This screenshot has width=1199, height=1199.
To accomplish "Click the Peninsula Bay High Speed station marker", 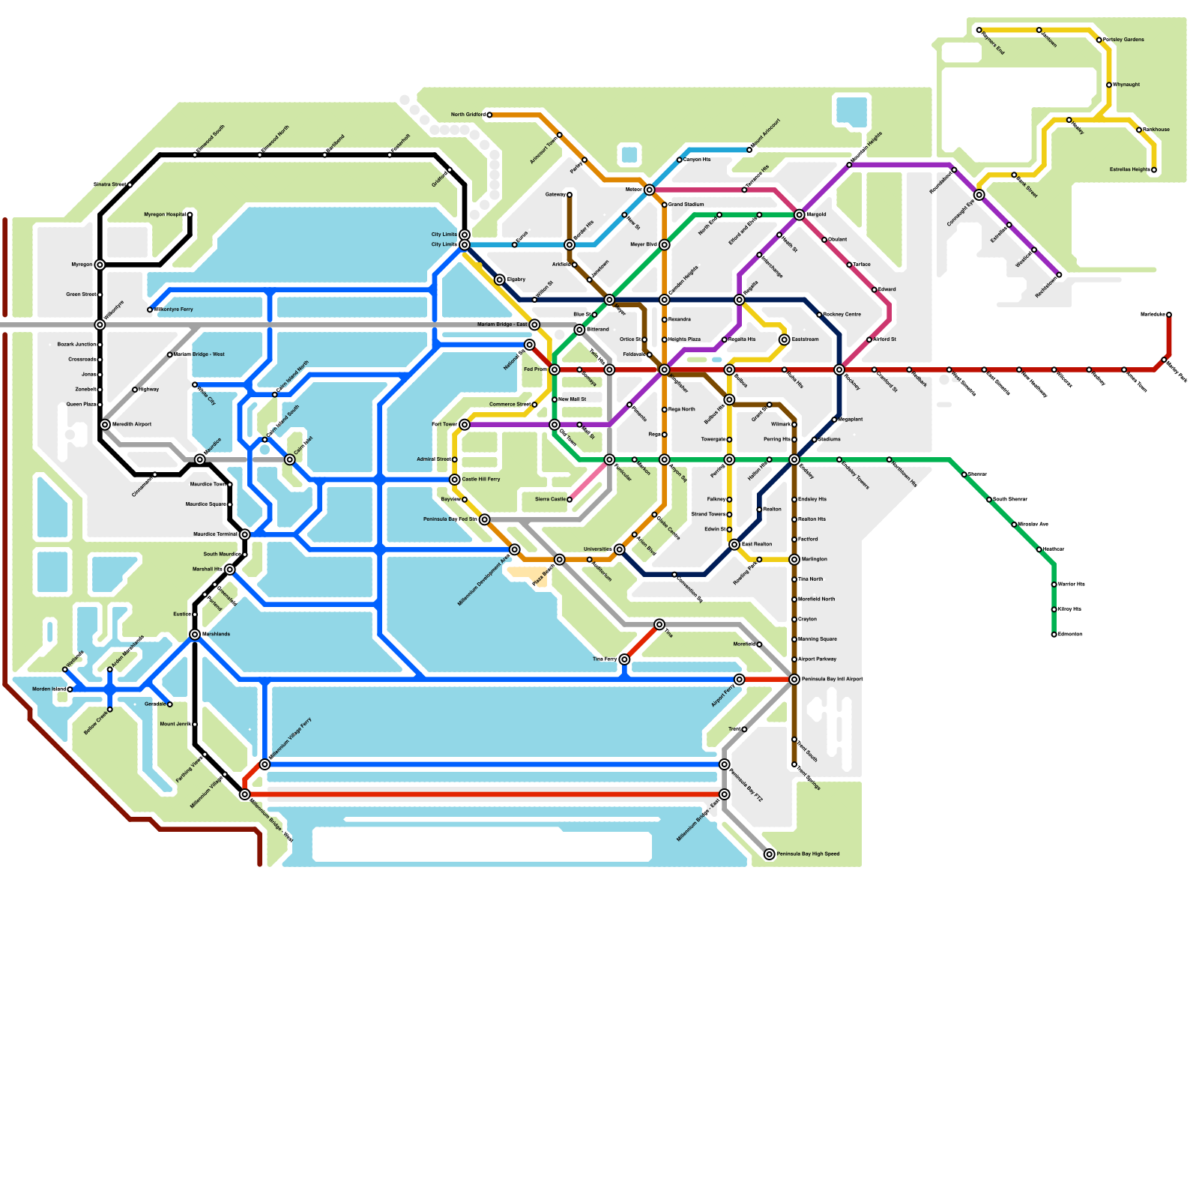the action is [x=769, y=854].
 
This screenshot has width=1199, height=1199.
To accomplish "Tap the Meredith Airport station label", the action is [x=132, y=424].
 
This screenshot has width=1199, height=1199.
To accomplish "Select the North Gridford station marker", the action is [x=489, y=115].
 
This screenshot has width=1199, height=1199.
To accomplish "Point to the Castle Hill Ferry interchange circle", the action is [x=455, y=480].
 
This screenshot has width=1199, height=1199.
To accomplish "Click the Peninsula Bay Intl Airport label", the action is [x=832, y=679].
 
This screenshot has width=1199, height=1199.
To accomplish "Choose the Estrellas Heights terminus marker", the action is [x=1153, y=170].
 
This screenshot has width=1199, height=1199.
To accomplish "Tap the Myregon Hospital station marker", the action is [x=190, y=215].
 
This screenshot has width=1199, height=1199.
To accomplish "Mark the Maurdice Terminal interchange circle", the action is [x=244, y=534].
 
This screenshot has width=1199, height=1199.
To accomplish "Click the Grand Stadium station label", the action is [x=686, y=205].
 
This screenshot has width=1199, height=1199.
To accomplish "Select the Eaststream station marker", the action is [x=784, y=339].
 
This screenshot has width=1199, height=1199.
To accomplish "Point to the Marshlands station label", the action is [x=216, y=634].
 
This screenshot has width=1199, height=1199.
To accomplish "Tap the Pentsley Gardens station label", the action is [x=1123, y=40].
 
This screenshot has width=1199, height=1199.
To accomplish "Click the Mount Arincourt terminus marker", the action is [x=749, y=150].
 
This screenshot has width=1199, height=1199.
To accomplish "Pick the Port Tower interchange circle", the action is [x=465, y=424].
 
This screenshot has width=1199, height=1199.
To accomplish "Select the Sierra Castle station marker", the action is [x=570, y=499].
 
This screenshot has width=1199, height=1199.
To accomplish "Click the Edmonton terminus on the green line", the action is [x=1054, y=635].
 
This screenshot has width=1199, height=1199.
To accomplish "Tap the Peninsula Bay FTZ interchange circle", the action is [x=724, y=764].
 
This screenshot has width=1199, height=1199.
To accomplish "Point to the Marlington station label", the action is [x=814, y=559].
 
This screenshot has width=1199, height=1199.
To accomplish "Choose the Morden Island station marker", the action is [x=70, y=689].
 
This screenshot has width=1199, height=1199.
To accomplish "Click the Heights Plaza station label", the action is [x=683, y=339].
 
